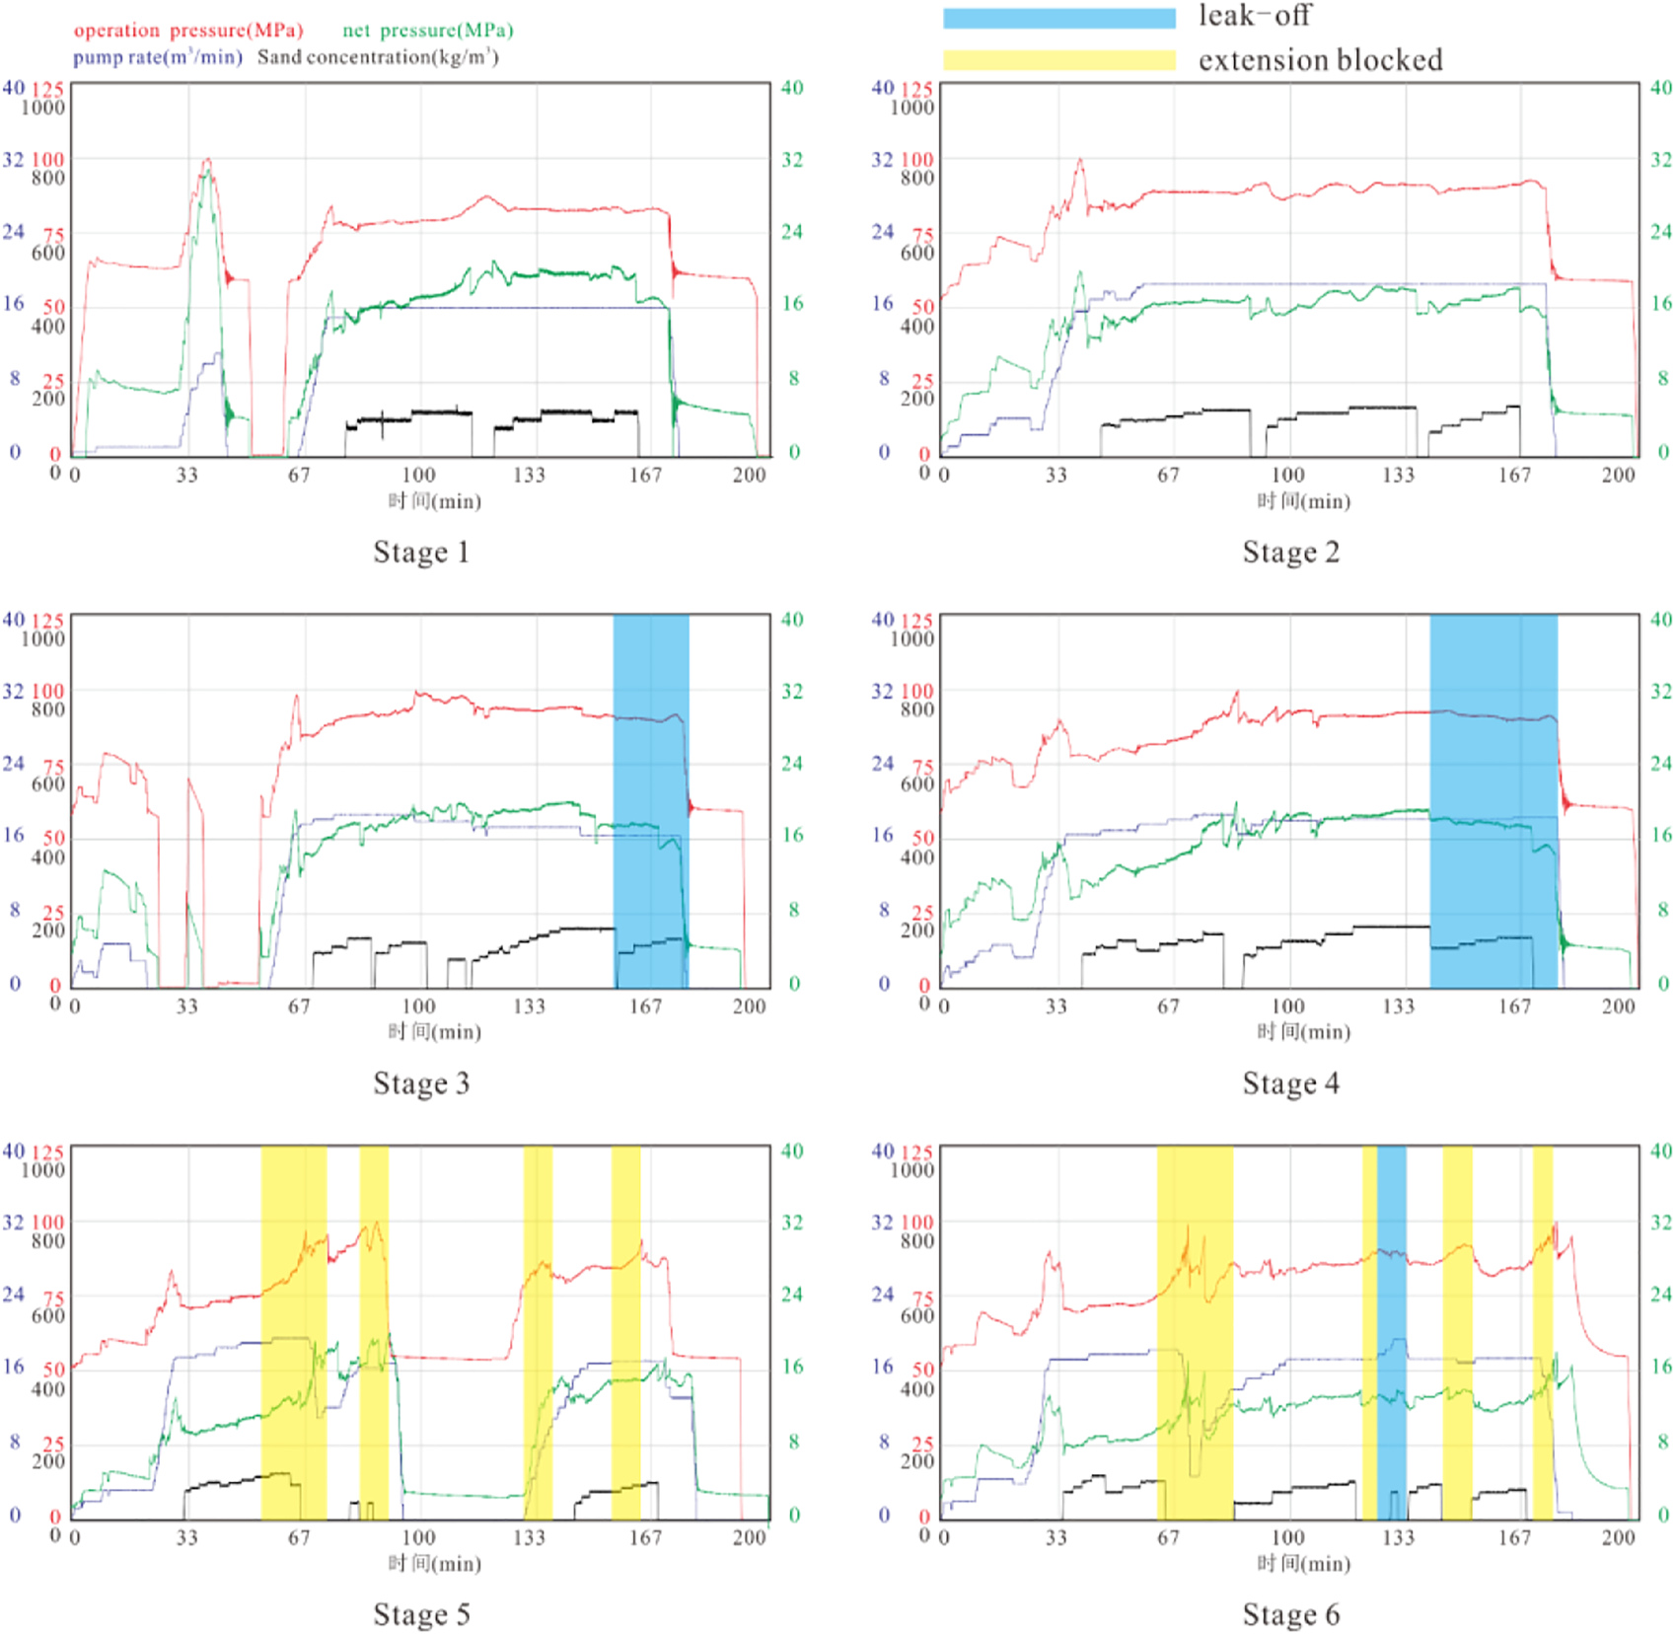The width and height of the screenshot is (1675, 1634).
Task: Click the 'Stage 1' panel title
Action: (x=421, y=552)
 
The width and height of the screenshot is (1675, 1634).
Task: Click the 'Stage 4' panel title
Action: (x=1290, y=1083)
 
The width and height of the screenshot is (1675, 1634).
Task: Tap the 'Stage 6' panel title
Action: (x=1290, y=1614)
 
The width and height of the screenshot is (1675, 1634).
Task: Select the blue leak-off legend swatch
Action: (x=1058, y=19)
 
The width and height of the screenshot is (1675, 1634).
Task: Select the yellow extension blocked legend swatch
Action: (x=1058, y=60)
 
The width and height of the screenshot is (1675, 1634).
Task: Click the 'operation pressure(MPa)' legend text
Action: (x=188, y=31)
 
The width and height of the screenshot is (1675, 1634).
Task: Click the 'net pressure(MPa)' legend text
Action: (x=427, y=31)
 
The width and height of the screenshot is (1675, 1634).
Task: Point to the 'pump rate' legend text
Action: (x=157, y=57)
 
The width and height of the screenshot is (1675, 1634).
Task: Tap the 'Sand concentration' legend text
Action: (x=377, y=57)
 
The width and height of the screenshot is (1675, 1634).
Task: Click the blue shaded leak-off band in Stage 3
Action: (x=650, y=799)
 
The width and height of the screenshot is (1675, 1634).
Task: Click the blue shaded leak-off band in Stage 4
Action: (x=1493, y=799)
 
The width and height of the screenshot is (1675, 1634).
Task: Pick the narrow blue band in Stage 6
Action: (x=1391, y=1332)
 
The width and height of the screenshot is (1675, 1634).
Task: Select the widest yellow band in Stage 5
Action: (x=293, y=1332)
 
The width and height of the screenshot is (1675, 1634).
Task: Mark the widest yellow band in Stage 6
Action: (x=1194, y=1332)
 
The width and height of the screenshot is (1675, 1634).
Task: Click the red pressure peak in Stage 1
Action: (x=207, y=160)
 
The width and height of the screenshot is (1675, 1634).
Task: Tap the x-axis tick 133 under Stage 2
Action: (x=1398, y=476)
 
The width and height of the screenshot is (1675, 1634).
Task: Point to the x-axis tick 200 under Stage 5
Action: (x=749, y=1537)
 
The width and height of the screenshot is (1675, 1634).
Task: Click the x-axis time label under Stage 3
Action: (x=434, y=1032)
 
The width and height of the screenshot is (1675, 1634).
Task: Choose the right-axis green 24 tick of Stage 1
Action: (x=792, y=232)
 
